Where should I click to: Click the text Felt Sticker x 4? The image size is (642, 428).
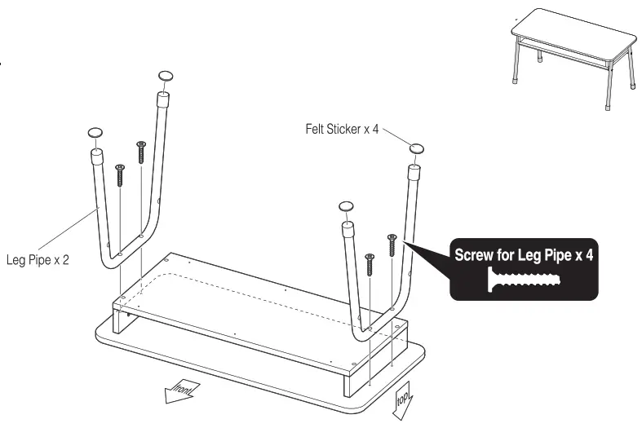[x=339, y=127]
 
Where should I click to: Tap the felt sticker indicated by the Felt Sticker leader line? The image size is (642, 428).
[x=417, y=148]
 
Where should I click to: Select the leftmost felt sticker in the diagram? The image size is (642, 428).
[x=95, y=131]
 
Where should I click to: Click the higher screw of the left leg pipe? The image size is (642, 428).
[x=141, y=152]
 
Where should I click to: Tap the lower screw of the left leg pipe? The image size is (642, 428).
[x=120, y=174]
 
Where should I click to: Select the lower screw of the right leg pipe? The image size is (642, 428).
[x=370, y=263]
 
